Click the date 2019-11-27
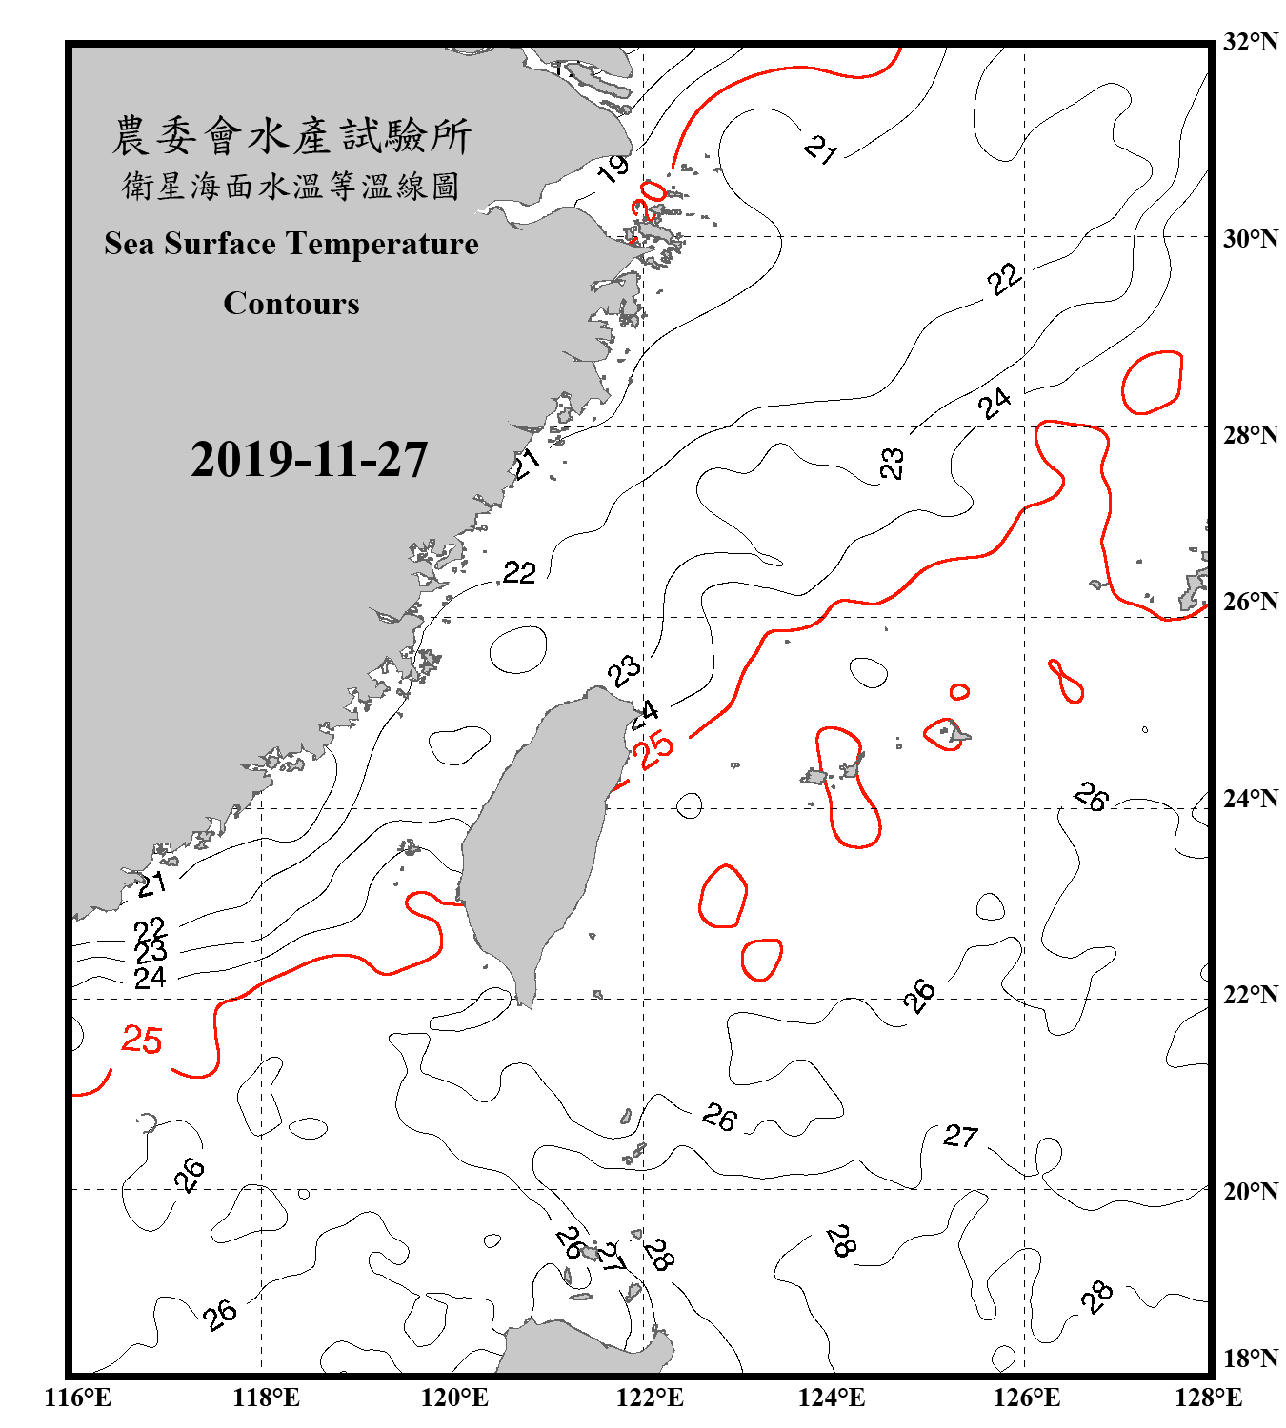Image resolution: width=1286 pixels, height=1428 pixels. click(x=310, y=460)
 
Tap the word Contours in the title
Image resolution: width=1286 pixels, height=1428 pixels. click(x=291, y=304)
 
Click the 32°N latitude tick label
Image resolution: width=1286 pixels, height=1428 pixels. click(x=1250, y=42)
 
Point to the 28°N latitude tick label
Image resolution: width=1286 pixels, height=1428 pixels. click(x=1250, y=435)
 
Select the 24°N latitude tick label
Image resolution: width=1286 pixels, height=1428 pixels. click(x=1250, y=799)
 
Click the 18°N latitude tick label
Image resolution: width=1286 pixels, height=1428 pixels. click(x=1250, y=1359)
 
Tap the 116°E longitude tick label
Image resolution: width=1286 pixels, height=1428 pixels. click(x=77, y=1398)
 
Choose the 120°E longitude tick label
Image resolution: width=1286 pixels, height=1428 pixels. click(x=454, y=1398)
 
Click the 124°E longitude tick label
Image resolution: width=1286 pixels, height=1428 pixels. click(x=832, y=1398)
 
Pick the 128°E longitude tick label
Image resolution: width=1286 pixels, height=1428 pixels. click(x=1208, y=1398)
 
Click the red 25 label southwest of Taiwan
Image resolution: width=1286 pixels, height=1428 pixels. click(x=142, y=1040)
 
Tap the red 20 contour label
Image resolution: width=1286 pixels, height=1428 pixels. click(x=650, y=199)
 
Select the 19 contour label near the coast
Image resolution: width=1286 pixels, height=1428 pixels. click(x=613, y=169)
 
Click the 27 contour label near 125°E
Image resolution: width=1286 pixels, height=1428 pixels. click(x=960, y=1136)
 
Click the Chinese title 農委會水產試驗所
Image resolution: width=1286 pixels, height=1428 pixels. click(x=291, y=136)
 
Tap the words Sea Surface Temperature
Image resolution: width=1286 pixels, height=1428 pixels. click(x=291, y=245)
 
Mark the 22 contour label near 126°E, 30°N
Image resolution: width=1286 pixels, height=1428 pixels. click(x=1004, y=279)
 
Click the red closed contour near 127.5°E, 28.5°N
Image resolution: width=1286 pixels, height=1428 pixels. click(x=1152, y=383)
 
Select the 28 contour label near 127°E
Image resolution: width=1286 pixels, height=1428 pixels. click(x=1097, y=1296)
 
